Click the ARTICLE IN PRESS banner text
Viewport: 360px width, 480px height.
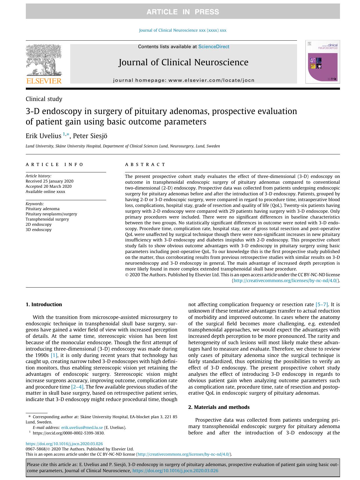(x=183, y=12)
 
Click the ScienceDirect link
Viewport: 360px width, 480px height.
(x=214, y=47)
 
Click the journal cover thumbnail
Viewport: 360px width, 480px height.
(x=322, y=62)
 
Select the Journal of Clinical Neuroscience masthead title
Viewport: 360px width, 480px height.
(x=183, y=62)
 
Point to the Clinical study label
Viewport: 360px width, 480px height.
(x=44, y=99)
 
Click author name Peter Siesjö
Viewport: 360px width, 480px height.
(x=90, y=136)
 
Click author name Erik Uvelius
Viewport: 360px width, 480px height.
(x=43, y=136)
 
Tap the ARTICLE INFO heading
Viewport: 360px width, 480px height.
(x=55, y=165)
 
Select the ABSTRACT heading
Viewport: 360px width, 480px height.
(x=145, y=165)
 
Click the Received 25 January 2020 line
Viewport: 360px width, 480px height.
(x=49, y=181)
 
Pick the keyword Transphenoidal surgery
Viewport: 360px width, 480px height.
(x=47, y=219)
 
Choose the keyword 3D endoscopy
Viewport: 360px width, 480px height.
(x=39, y=230)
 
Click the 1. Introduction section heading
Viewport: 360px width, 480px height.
(x=44, y=304)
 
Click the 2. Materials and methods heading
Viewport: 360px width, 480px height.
(x=219, y=407)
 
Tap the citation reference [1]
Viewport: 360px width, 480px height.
(x=54, y=355)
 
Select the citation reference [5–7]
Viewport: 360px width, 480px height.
(x=322, y=304)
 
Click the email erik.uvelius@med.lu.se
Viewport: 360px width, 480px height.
(x=82, y=427)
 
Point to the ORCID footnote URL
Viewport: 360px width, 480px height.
(x=68, y=433)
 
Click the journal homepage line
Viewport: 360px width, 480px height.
(x=184, y=80)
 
